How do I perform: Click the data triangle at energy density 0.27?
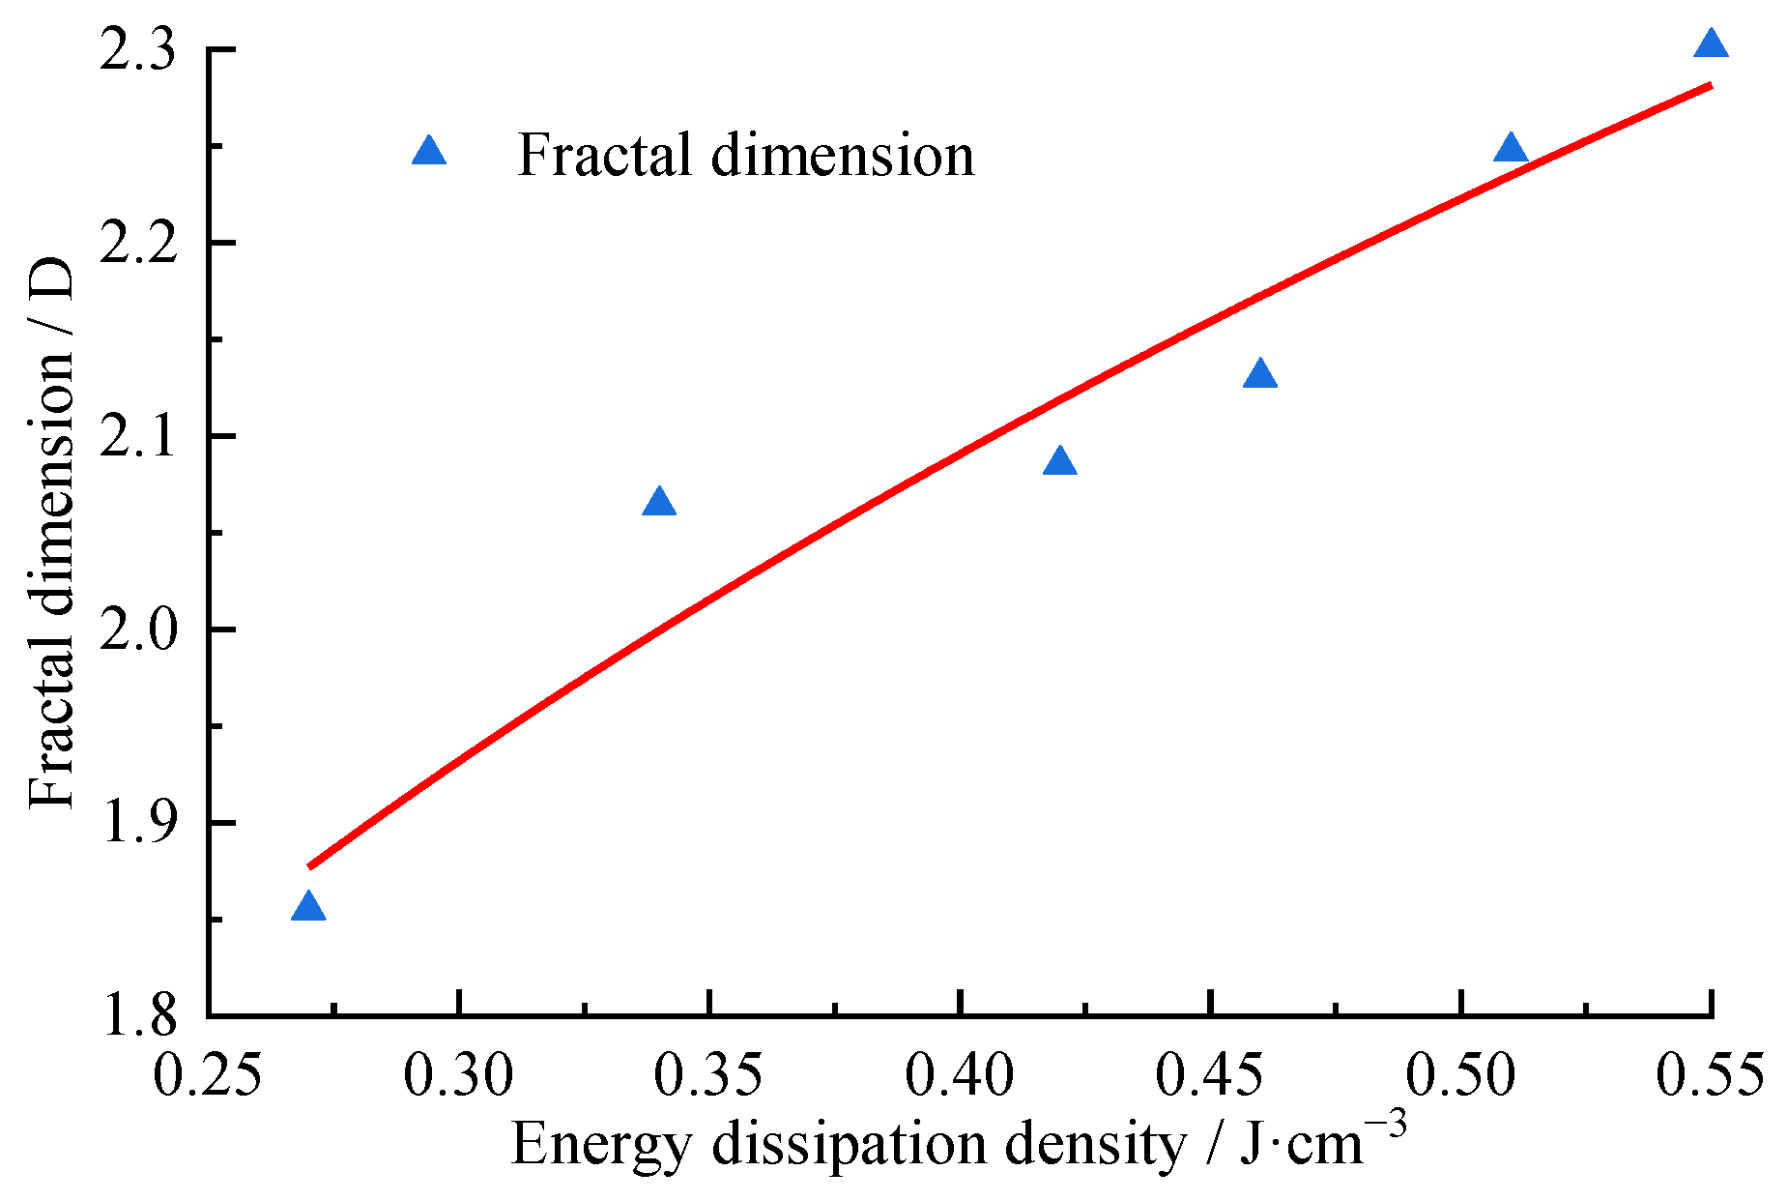pos(308,908)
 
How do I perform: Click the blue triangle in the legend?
pos(429,152)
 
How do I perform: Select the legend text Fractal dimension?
pos(745,155)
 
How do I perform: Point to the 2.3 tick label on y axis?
pos(139,50)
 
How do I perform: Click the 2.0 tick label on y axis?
pos(139,630)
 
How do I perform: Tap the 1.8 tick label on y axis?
pos(139,1015)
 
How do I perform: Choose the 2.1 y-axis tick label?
pos(139,437)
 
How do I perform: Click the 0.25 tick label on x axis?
pos(208,1076)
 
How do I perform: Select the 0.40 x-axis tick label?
pos(959,1076)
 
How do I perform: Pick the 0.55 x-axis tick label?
pos(1710,1076)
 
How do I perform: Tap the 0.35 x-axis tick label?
pos(708,1076)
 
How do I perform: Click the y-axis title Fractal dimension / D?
pos(50,532)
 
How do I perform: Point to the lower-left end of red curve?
pos(310,865)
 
